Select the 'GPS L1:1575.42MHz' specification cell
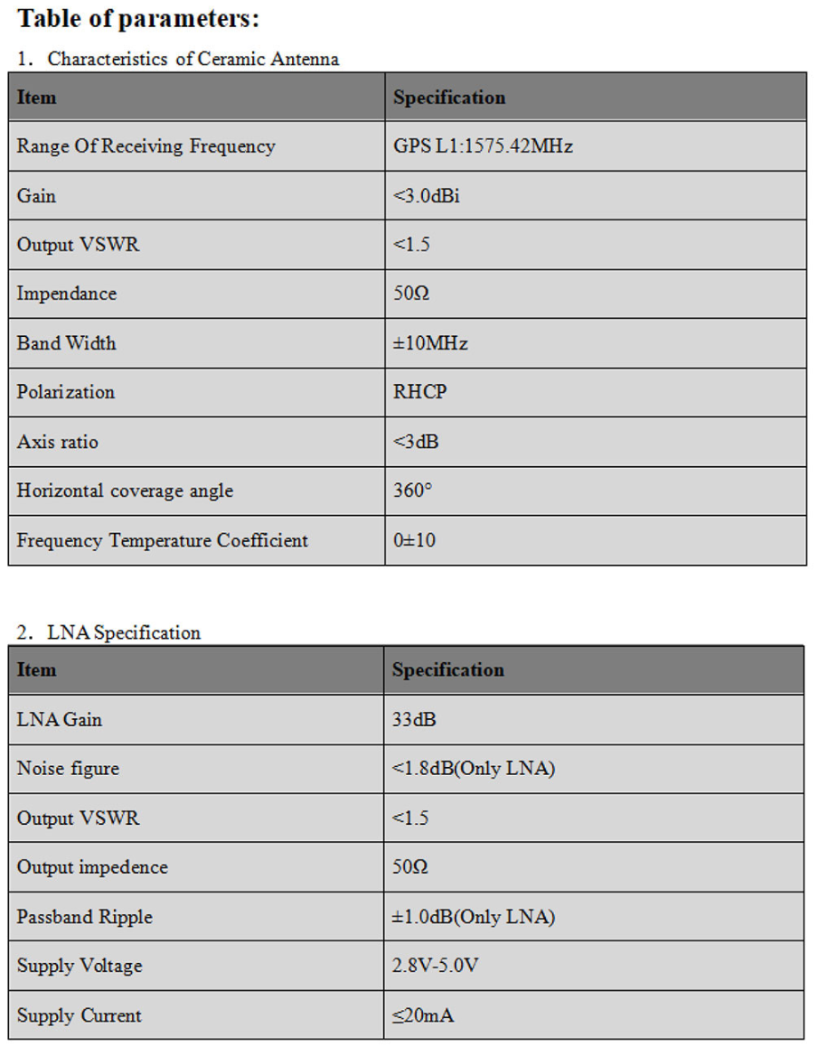coord(483,146)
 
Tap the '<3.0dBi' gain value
coord(427,196)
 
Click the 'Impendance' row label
coord(66,294)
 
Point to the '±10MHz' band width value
coord(430,343)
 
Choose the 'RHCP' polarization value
coord(419,392)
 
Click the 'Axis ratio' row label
coord(57,442)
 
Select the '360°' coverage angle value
coord(413,491)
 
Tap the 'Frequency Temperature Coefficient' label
coord(162,540)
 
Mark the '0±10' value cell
coord(414,540)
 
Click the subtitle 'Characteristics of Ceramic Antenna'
coord(193,60)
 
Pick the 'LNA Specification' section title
coord(123,632)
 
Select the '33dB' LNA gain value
coord(415,720)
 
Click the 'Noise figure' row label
coord(68,769)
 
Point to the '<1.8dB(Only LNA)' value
coord(473,769)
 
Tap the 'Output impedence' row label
coord(92,867)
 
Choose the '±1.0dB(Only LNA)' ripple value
coord(473,917)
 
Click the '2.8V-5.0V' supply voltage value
coord(435,966)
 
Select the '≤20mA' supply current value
coord(422,1015)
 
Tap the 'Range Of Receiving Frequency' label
coord(146,146)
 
